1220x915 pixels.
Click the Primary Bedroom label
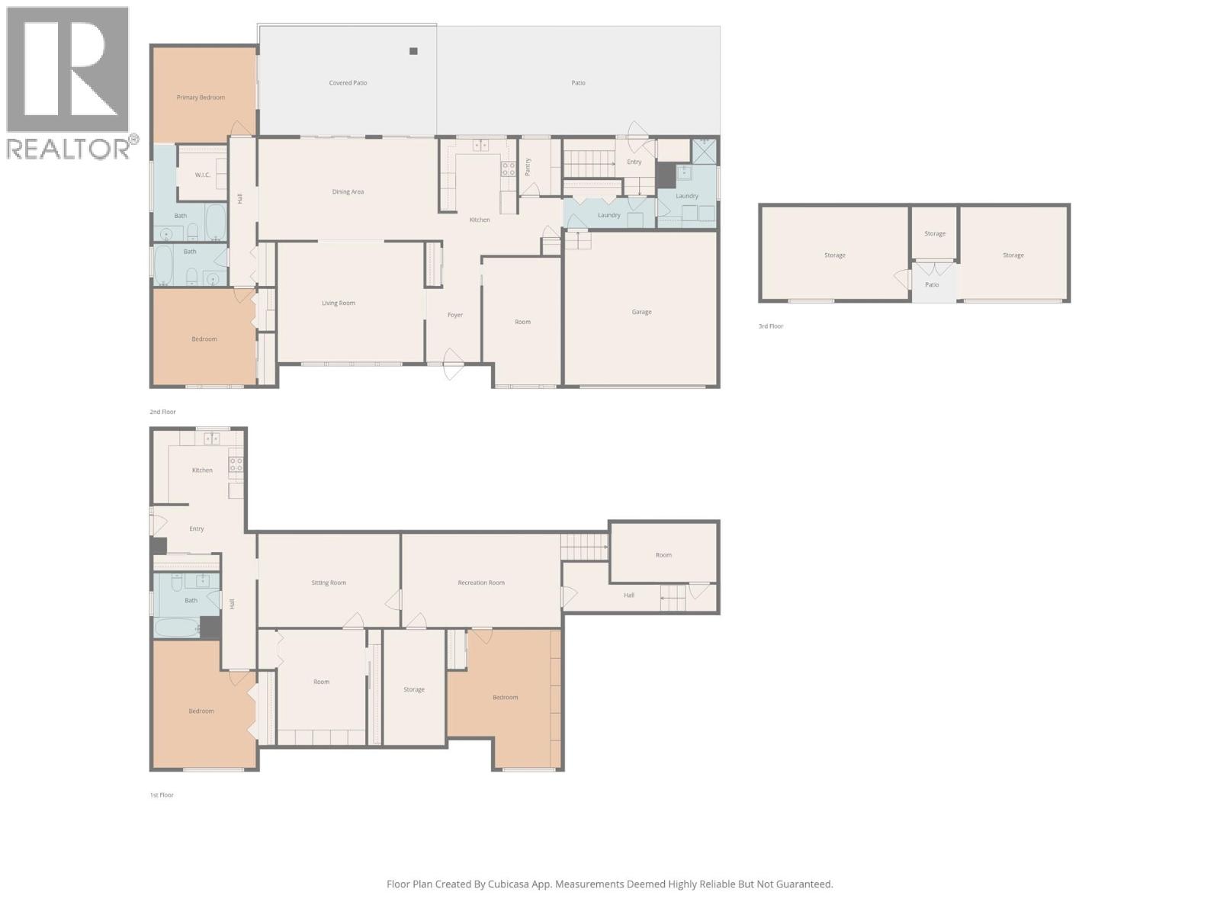coord(201,98)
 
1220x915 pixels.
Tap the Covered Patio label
coord(348,83)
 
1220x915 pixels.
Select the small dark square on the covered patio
coord(413,51)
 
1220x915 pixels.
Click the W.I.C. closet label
coord(202,175)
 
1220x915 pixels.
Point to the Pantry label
coord(528,167)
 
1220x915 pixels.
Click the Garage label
coord(641,312)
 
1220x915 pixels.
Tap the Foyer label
coord(455,315)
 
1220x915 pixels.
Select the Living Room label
coord(338,303)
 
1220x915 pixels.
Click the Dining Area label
coord(348,192)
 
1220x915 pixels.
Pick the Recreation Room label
coord(481,583)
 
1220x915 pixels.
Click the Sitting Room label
coord(329,583)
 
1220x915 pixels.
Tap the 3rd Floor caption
coord(770,326)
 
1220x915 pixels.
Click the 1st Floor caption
coord(162,795)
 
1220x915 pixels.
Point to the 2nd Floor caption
coord(162,412)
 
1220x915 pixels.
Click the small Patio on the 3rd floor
coord(932,285)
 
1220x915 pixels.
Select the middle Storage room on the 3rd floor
coord(935,234)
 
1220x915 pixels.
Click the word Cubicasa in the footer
coord(514,884)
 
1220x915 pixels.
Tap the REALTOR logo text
coord(69,149)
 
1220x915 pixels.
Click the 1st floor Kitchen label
coord(202,470)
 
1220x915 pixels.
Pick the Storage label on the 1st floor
coord(414,690)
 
